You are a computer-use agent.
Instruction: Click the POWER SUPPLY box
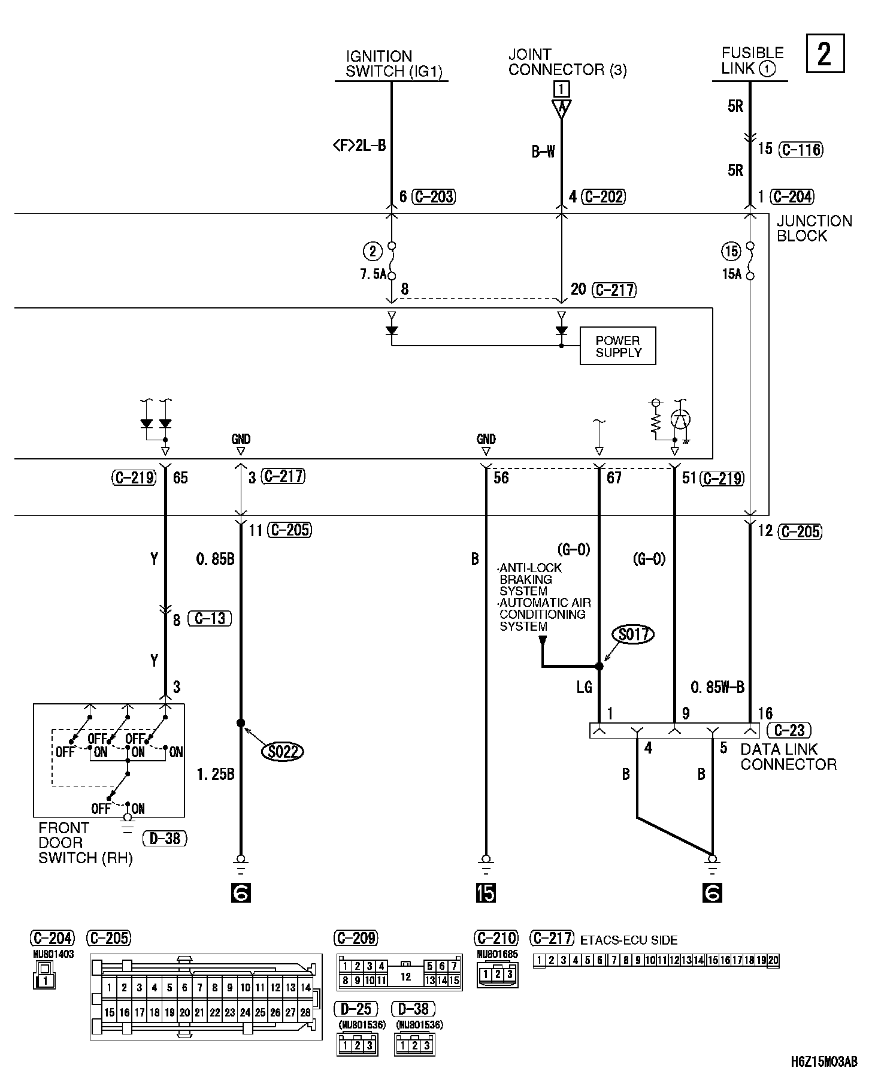click(x=617, y=346)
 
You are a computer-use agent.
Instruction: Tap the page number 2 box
click(x=825, y=55)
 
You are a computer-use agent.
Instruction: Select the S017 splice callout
click(x=634, y=634)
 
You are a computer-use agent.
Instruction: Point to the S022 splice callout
click(x=283, y=751)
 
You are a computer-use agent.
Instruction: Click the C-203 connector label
click(x=434, y=196)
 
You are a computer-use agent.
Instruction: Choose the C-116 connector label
click(x=801, y=149)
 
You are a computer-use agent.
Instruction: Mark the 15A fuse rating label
click(x=731, y=275)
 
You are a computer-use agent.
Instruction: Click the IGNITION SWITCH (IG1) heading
click(x=393, y=64)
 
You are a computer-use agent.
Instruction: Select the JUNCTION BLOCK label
click(x=814, y=228)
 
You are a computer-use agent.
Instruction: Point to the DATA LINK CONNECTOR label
click(x=788, y=757)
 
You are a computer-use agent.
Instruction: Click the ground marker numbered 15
click(x=486, y=893)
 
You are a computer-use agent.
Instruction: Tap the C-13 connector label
click(x=210, y=618)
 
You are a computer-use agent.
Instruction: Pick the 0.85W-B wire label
click(x=717, y=688)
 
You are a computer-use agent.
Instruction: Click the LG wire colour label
click(x=584, y=688)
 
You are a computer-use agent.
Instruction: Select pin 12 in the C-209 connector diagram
click(x=405, y=977)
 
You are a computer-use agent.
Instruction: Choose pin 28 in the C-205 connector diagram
click(x=305, y=1013)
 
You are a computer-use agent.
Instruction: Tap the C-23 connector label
click(x=789, y=730)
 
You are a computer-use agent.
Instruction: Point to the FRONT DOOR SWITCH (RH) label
click(x=85, y=843)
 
